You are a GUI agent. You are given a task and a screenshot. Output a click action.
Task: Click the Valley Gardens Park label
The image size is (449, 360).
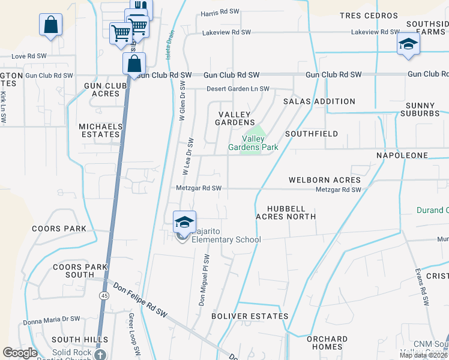253,142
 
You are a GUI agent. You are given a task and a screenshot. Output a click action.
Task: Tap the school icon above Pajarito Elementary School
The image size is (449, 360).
185,222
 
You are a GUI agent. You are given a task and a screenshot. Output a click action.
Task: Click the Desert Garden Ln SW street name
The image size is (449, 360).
238,89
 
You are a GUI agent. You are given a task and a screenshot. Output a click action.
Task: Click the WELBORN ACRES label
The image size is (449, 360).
325,180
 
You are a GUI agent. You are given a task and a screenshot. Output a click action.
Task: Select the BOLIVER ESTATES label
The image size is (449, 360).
250,316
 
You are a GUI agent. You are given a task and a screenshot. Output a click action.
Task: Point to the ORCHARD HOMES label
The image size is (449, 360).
327,343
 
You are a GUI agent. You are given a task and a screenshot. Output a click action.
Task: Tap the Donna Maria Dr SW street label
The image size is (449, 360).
51,320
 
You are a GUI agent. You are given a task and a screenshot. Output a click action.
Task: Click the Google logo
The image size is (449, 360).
20,353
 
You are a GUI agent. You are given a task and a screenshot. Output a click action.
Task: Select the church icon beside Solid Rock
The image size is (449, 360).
101,354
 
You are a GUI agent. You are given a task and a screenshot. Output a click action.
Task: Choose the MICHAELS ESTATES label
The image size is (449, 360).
101,130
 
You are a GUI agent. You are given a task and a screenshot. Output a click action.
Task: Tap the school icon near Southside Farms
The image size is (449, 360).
408,44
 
